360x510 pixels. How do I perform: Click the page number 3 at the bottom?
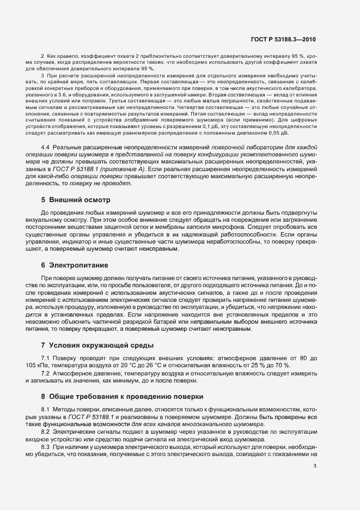315,465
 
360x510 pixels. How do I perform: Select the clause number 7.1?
46,357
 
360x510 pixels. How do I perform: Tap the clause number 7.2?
46,373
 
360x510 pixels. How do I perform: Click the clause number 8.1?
46,409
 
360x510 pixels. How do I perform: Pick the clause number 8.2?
46,432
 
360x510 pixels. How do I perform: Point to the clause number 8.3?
46,447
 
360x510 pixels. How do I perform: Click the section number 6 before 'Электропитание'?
43,265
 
